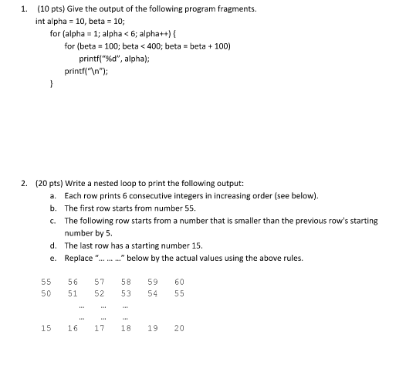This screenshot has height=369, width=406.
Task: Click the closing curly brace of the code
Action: coord(52,84)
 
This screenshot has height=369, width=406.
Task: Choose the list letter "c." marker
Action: coord(53,220)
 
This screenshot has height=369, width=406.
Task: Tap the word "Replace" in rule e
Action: coord(79,257)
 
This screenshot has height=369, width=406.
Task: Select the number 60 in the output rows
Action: coord(179,283)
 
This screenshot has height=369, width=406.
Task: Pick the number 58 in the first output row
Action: coord(126,283)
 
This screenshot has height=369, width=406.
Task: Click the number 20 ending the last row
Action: coord(179,328)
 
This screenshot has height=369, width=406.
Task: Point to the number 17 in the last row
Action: coord(100,328)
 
